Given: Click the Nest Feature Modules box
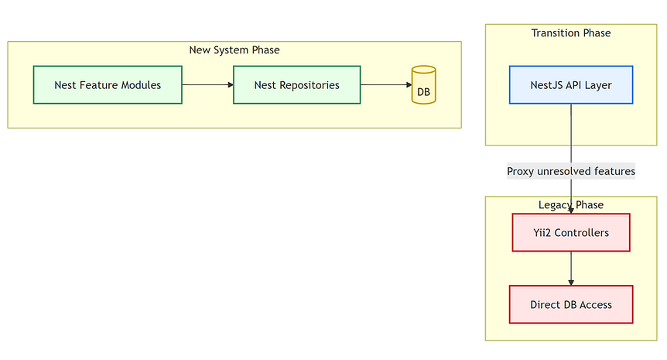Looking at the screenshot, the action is [108, 84].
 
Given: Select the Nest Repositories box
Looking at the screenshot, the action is [297, 84].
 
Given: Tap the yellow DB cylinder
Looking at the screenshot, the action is [424, 84].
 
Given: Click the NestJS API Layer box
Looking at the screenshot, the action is [571, 84].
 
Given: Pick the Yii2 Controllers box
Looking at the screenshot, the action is [571, 232].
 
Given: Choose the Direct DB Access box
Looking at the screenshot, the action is [571, 304].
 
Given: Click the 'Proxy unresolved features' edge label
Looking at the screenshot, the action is [571, 171].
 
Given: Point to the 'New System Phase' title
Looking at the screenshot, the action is [234, 50].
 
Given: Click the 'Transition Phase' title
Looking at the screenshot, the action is [571, 33].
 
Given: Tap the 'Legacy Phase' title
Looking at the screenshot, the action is [571, 204].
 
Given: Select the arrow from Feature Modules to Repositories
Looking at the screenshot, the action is [208, 84].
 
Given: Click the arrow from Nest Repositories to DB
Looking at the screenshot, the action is [386, 84].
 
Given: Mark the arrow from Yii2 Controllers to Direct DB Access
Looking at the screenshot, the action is [571, 269].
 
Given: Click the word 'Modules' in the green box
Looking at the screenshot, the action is [141, 85].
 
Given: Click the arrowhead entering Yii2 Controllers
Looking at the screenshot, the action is [571, 211].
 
